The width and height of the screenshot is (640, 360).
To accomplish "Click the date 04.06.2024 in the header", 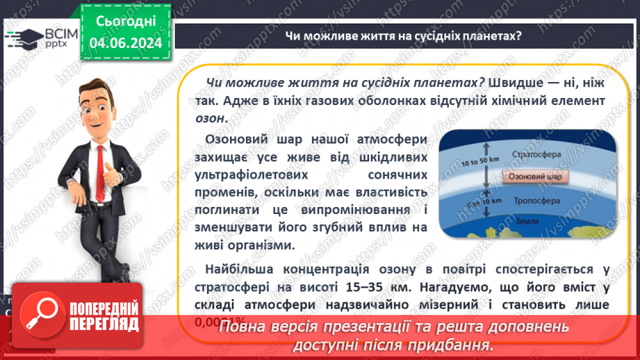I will tap(126, 43).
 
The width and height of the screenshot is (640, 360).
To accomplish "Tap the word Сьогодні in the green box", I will tap(126, 22).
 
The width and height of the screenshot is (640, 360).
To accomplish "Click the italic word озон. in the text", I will tap(211, 117).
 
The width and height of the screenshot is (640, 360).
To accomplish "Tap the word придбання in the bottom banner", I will tap(447, 345).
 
